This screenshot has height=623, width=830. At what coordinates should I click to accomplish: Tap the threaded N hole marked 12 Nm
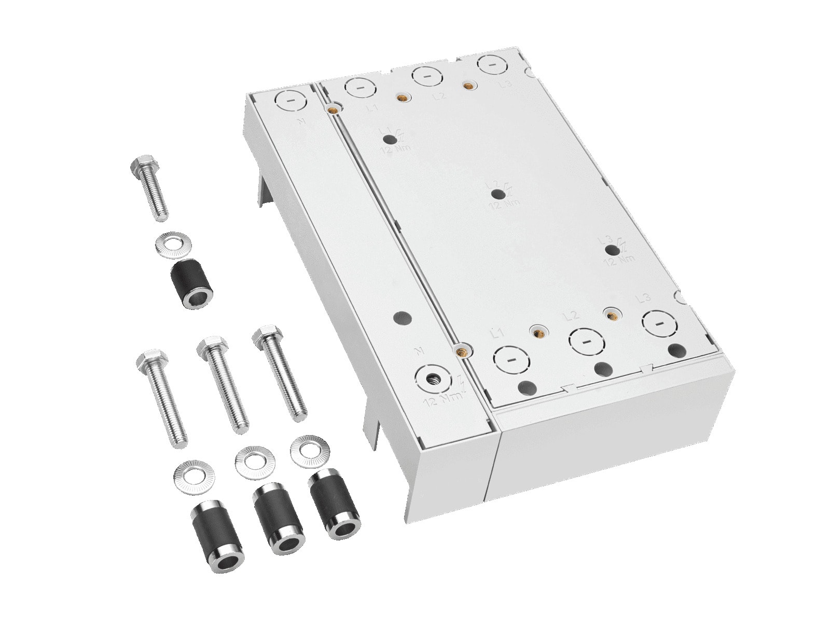pyautogui.click(x=434, y=380)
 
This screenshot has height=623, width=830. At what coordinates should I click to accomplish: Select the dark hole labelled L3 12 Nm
pyautogui.click(x=613, y=251)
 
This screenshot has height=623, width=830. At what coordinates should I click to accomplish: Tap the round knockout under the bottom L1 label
pyautogui.click(x=511, y=359)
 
